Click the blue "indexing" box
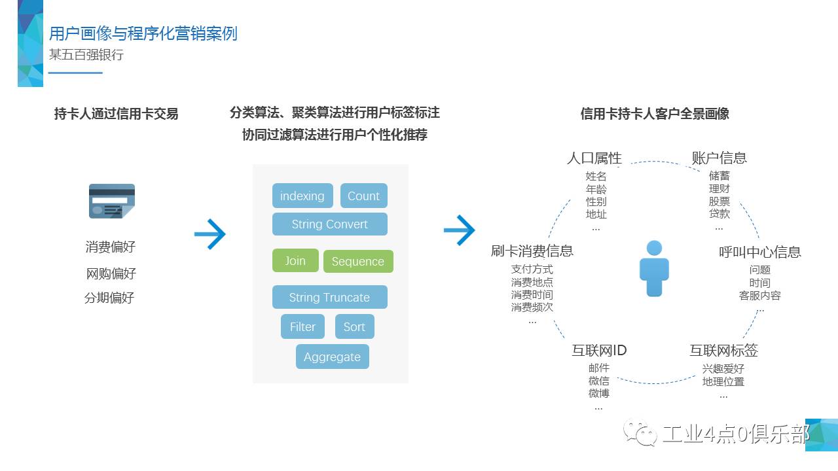point(302,196)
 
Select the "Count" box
point(363,196)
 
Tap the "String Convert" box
point(329,224)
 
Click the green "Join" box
point(295,260)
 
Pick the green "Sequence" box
point(358,261)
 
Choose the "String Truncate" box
point(329,297)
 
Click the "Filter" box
point(302,326)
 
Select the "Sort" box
point(354,326)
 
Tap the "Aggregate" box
point(332,357)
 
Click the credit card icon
point(112,201)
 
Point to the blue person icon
point(654,268)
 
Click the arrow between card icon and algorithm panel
point(210,234)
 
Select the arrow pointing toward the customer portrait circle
point(460,230)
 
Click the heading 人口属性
point(594,158)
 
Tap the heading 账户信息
point(719,158)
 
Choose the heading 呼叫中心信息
point(759,252)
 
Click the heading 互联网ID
point(599,350)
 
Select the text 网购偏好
point(111,273)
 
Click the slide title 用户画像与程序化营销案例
point(143,33)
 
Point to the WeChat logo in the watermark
point(640,432)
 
